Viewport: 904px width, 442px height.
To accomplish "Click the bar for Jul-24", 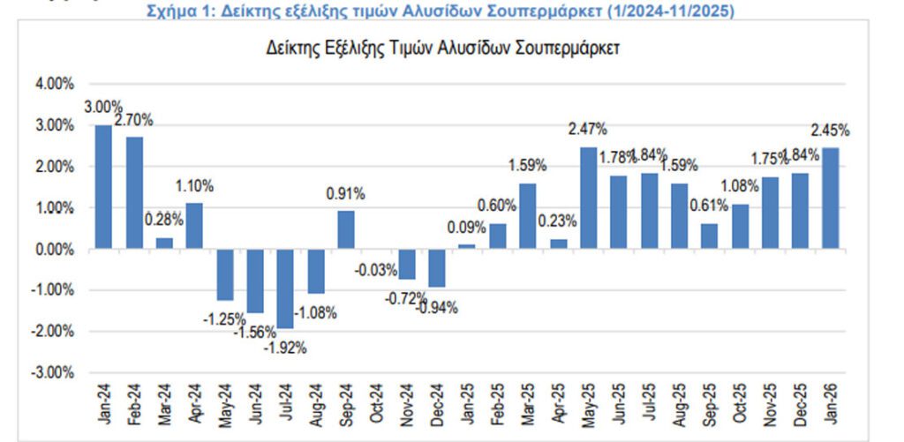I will point(286,288).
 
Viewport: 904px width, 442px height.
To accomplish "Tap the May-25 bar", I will point(589,198).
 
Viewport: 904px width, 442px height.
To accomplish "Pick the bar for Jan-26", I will point(831,199).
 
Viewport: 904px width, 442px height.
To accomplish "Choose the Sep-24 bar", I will point(346,230).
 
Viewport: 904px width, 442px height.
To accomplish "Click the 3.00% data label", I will point(102,108).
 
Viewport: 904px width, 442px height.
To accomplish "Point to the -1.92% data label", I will point(286,348).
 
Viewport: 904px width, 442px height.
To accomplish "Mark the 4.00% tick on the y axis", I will point(55,85).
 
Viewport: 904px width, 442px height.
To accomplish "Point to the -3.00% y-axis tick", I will point(54,372).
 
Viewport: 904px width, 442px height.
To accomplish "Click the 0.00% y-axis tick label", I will point(55,250).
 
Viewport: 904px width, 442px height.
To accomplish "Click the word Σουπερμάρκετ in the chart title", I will point(573,49).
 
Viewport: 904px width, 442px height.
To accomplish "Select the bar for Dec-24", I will point(437,268).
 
